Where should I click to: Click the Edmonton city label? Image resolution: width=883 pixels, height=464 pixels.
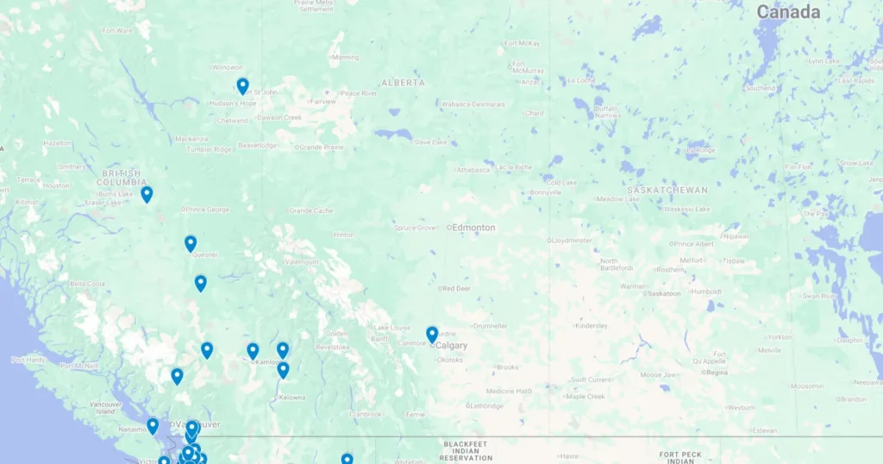tap(474, 228)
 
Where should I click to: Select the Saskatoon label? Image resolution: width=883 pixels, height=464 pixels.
tap(663, 293)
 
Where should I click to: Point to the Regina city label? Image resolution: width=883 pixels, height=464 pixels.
tap(717, 372)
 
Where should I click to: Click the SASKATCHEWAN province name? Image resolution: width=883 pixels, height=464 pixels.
tap(667, 190)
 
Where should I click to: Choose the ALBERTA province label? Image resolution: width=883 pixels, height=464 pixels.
tap(403, 83)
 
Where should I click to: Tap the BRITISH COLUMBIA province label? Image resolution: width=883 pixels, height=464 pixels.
tap(121, 178)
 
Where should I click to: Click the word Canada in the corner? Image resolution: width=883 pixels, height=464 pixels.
tap(788, 12)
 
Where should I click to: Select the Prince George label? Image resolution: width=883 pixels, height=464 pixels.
tap(209, 210)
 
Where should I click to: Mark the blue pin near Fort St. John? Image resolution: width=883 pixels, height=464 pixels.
tap(243, 85)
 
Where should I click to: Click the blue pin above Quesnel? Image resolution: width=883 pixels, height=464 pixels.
tap(191, 243)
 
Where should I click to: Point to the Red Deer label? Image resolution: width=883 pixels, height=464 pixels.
tap(457, 288)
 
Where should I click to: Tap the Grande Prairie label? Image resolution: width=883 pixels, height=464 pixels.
tap(321, 147)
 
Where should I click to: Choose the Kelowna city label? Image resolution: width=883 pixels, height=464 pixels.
tap(291, 398)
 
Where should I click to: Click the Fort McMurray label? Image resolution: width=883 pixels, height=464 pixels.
tap(528, 66)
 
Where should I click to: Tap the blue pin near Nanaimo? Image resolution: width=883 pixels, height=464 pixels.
tap(153, 425)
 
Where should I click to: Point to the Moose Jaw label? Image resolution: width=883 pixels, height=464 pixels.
tap(657, 374)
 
